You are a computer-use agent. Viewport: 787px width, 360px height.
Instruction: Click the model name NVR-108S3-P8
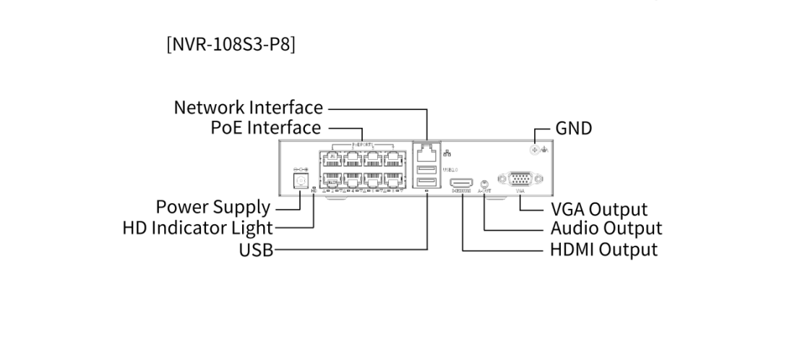pyautogui.click(x=231, y=43)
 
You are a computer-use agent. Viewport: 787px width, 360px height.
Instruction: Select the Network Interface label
pyautogui.click(x=248, y=108)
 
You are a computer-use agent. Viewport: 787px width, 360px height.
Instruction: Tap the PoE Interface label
pyautogui.click(x=265, y=128)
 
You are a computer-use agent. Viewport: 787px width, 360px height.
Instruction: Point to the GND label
pyautogui.click(x=574, y=129)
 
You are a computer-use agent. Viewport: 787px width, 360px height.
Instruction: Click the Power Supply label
pyautogui.click(x=213, y=207)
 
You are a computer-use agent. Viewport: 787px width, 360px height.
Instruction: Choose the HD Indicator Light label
pyautogui.click(x=197, y=228)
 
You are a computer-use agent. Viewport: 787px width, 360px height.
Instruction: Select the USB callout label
pyautogui.click(x=256, y=250)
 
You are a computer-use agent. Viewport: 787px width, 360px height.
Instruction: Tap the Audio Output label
pyautogui.click(x=606, y=228)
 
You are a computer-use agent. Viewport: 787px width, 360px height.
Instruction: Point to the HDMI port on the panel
pyautogui.click(x=461, y=184)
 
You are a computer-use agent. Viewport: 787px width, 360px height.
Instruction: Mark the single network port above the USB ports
pyautogui.click(x=426, y=152)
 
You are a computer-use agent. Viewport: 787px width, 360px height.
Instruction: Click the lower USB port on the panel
pyautogui.click(x=426, y=183)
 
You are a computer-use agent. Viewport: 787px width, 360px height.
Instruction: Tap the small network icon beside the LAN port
pyautogui.click(x=445, y=153)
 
